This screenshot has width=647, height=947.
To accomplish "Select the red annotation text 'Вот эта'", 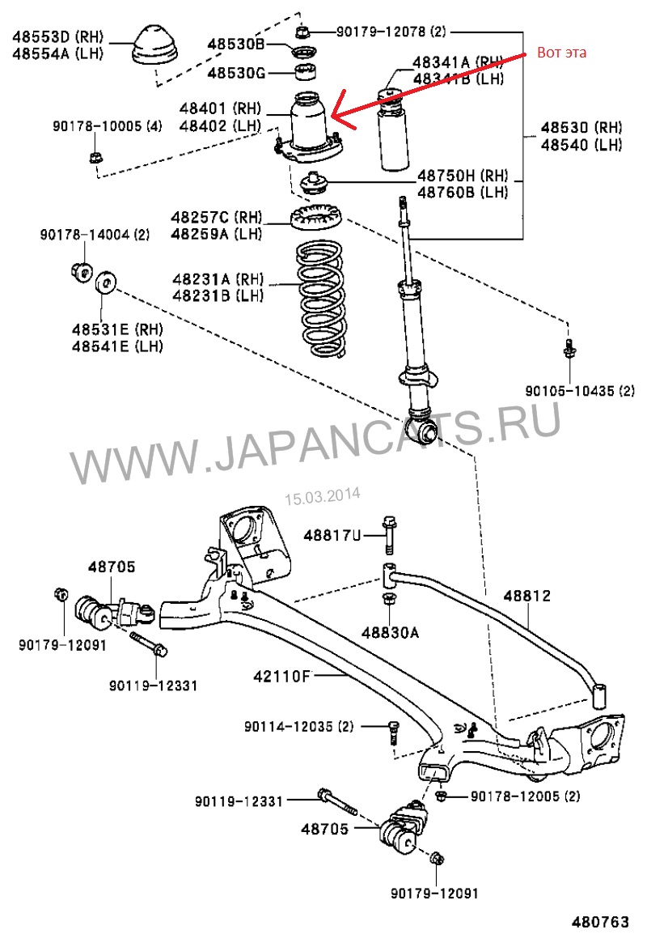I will pyautogui.click(x=561, y=53).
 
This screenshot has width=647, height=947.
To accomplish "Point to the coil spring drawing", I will pyautogui.click(x=320, y=301).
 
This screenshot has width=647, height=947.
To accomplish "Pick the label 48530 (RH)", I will pyautogui.click(x=581, y=129).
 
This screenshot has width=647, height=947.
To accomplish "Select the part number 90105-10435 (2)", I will pyautogui.click(x=580, y=391).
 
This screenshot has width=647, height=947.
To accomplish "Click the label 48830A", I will pyautogui.click(x=391, y=632).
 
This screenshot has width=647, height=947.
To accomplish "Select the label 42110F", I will pyautogui.click(x=278, y=673).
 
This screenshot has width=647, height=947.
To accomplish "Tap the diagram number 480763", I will pyautogui.click(x=601, y=922).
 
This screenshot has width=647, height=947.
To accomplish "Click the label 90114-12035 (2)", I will pyautogui.click(x=299, y=727).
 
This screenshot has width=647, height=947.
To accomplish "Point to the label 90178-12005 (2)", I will pyautogui.click(x=526, y=796).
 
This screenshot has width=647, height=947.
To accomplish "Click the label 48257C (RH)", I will pyautogui.click(x=217, y=217).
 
